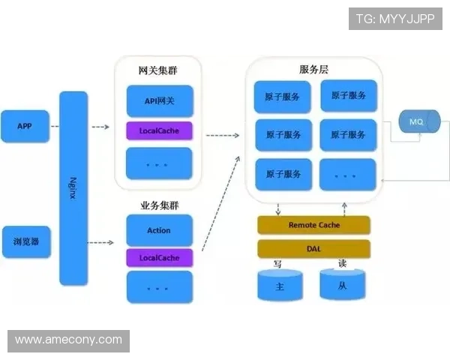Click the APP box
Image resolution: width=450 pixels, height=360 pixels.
25,126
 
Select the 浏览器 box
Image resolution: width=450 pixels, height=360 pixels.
25,242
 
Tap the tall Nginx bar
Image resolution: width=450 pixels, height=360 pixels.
73,187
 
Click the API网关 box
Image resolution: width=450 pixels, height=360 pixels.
159,100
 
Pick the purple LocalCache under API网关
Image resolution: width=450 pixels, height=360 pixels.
159,131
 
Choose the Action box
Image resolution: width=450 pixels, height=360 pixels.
159,230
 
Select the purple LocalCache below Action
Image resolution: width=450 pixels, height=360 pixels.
159,258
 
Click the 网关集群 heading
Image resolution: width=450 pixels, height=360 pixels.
158,71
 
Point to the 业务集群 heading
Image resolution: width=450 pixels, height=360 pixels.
158,205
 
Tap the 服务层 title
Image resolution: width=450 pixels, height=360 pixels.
313,69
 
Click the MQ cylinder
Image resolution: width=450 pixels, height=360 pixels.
415,121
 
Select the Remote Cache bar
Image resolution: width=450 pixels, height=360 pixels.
313,225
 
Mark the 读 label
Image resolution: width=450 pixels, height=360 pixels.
342,264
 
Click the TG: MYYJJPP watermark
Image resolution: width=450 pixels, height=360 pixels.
395,18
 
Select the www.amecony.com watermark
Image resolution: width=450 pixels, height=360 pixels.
68,340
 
